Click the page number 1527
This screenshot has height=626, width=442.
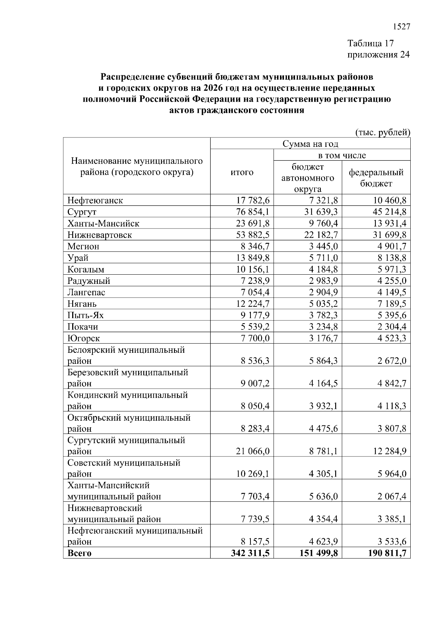click(x=401, y=27)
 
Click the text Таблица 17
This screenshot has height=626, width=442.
click(x=371, y=44)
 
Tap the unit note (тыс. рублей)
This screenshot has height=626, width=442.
click(x=383, y=132)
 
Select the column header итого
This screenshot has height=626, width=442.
click(x=242, y=172)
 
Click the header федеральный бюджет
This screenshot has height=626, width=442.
click(x=376, y=178)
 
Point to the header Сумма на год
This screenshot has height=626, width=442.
click(x=310, y=144)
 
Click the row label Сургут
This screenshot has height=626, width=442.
click(x=82, y=212)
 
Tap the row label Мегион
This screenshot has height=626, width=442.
click(x=83, y=246)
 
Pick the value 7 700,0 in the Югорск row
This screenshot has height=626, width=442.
click(x=255, y=338)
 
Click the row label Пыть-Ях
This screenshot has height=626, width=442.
click(x=85, y=315)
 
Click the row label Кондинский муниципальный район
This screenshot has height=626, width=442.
click(x=127, y=400)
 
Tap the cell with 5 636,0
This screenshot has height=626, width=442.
click(x=323, y=497)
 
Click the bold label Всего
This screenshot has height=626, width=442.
click(x=80, y=553)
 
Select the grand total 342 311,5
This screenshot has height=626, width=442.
click(x=249, y=553)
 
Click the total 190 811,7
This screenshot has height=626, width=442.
click(x=387, y=553)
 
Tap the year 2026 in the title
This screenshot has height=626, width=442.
click(x=224, y=88)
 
